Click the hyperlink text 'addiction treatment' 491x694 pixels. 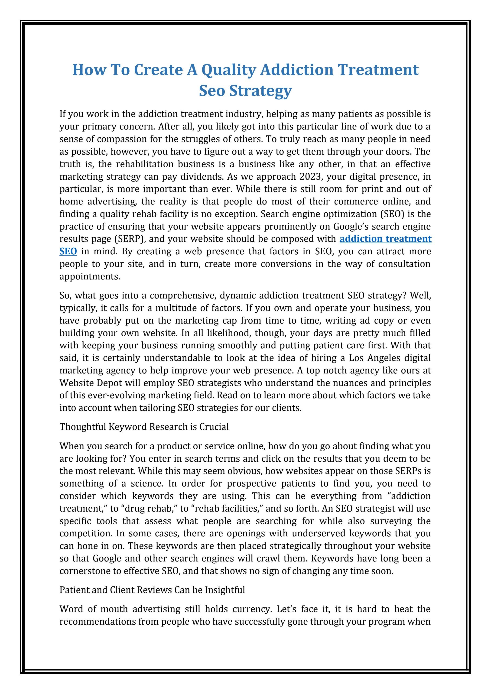[385, 239]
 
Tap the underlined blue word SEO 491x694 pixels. [68, 251]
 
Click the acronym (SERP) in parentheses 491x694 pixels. [130, 239]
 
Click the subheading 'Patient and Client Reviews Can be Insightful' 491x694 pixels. [152, 590]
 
